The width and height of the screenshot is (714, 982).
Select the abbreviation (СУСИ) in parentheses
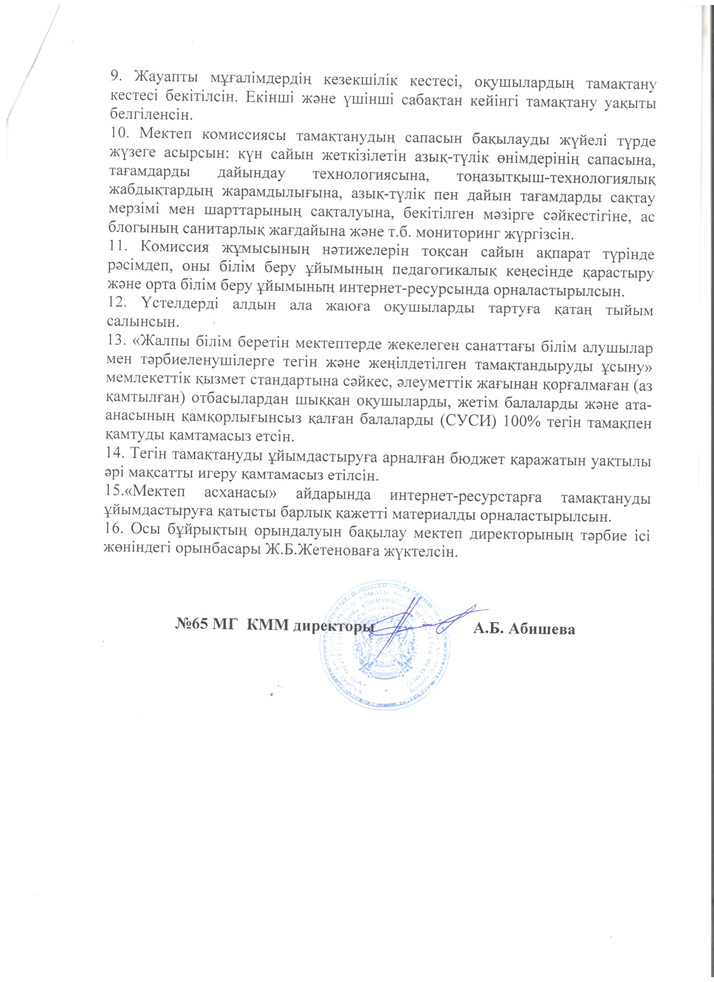468,423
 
